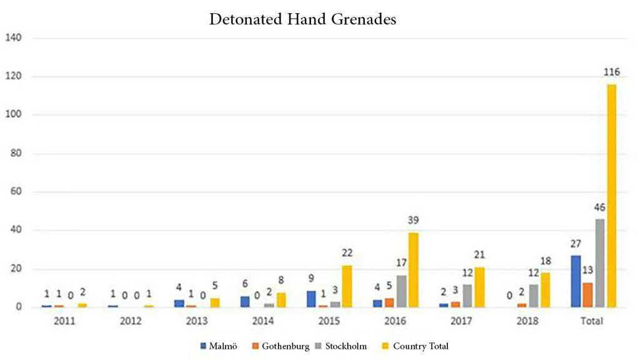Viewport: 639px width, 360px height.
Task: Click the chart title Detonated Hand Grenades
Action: coord(302,19)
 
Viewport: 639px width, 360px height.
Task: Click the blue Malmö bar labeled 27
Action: coord(576,281)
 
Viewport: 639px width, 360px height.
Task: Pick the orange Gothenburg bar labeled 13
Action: coord(588,294)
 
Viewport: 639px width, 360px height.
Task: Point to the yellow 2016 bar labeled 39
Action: coord(414,269)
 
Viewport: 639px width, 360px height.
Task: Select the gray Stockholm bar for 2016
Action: coord(401,291)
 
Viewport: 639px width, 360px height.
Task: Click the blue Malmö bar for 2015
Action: coord(311,299)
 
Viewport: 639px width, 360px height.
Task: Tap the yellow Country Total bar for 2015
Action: coord(347,286)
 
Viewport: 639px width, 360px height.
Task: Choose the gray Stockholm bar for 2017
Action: coord(467,296)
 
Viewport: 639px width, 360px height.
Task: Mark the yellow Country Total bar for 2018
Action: coord(545,290)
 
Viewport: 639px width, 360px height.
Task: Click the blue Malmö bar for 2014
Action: coord(245,301)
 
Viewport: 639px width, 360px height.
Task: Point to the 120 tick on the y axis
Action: coord(14,77)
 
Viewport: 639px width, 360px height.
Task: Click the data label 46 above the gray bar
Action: coord(600,207)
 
